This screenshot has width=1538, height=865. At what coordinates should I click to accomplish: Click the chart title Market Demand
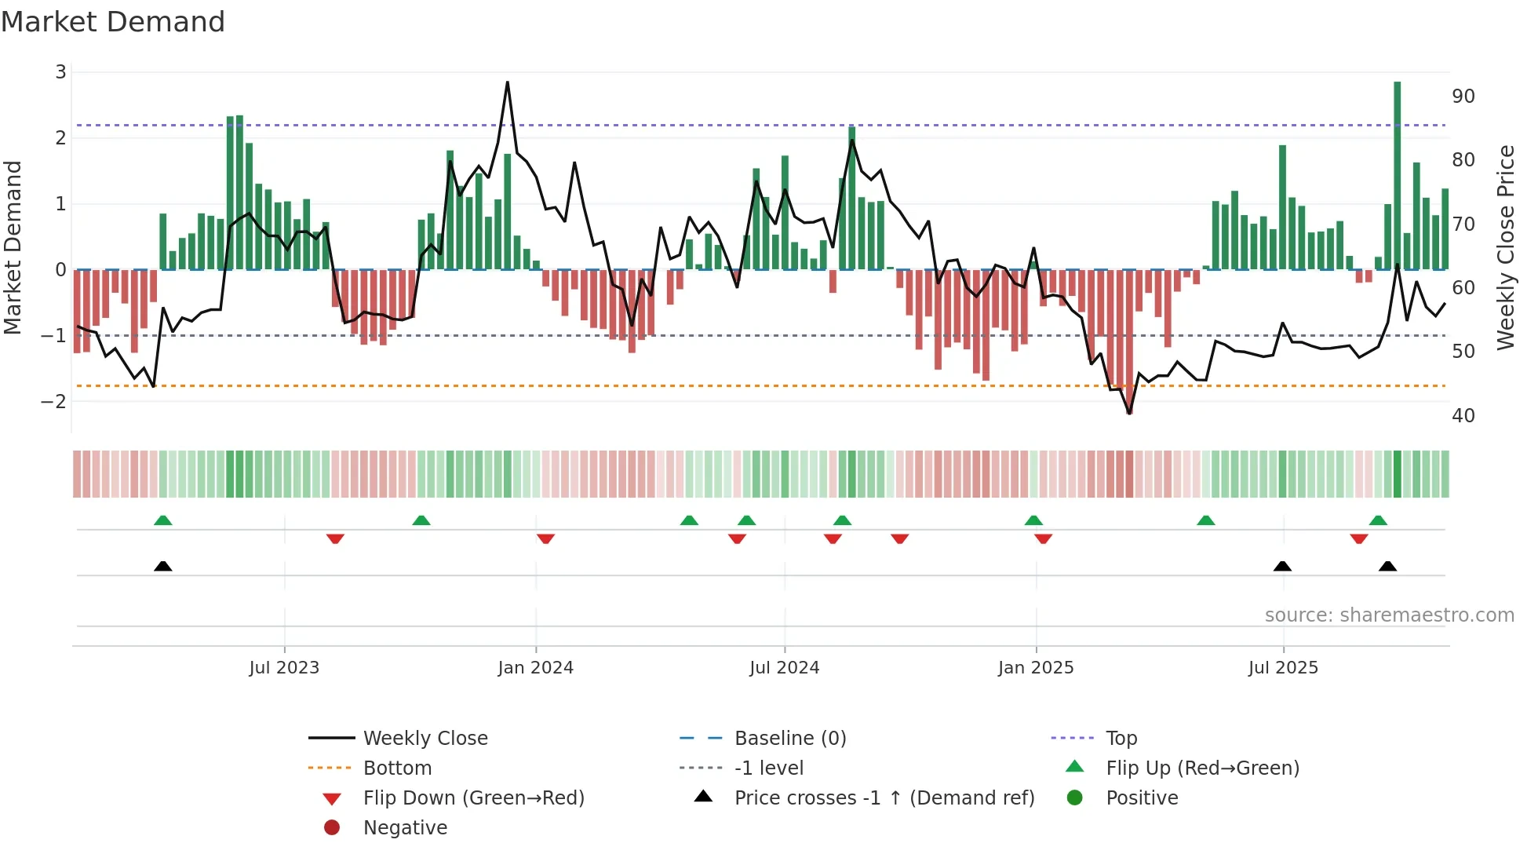click(113, 22)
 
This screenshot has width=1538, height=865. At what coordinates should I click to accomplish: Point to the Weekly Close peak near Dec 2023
click(508, 82)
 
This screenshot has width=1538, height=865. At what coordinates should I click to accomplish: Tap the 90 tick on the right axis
click(1463, 97)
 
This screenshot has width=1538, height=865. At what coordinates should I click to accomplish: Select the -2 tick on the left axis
click(54, 401)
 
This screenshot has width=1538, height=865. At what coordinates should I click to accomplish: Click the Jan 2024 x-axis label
click(535, 668)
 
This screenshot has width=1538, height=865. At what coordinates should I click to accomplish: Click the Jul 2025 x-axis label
click(1283, 668)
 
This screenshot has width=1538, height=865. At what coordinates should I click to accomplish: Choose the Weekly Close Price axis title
click(1505, 247)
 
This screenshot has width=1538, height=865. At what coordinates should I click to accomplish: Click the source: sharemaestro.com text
click(1389, 615)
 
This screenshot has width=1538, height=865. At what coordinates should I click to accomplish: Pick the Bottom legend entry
click(397, 768)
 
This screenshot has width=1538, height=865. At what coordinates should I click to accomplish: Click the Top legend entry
click(1121, 738)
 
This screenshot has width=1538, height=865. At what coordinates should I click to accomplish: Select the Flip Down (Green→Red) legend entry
click(473, 797)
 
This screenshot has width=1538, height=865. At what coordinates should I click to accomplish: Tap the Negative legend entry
click(405, 827)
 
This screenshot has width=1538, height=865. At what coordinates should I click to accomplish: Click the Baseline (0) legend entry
click(789, 738)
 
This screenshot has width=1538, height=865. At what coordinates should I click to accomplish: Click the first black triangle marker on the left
click(162, 566)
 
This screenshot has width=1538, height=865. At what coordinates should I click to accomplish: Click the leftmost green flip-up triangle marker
click(162, 520)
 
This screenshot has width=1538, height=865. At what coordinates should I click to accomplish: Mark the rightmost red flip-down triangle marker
click(1359, 538)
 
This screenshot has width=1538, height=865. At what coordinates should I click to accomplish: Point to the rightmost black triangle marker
click(1387, 566)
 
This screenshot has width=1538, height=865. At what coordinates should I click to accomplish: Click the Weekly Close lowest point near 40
click(1129, 413)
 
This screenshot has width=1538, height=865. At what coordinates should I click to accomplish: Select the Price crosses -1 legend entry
click(884, 797)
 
